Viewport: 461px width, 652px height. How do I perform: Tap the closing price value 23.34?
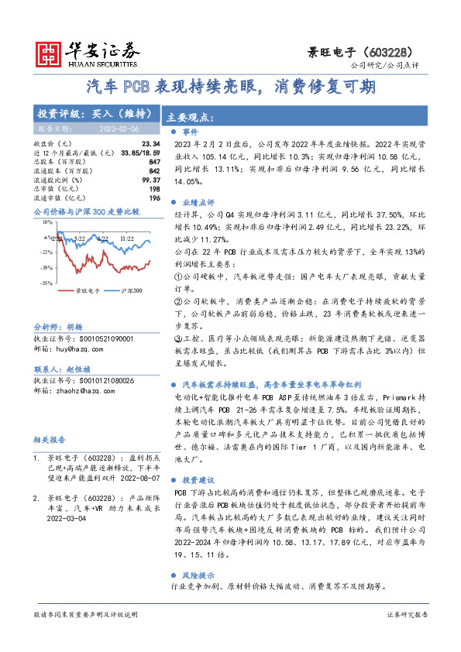[x=151, y=144]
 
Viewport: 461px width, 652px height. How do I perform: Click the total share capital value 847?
[x=154, y=162]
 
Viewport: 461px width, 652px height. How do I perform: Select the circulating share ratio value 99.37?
[x=151, y=180]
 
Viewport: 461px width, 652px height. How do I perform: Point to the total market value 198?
[x=155, y=188]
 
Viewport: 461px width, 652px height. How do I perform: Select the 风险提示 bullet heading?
[x=198, y=576]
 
